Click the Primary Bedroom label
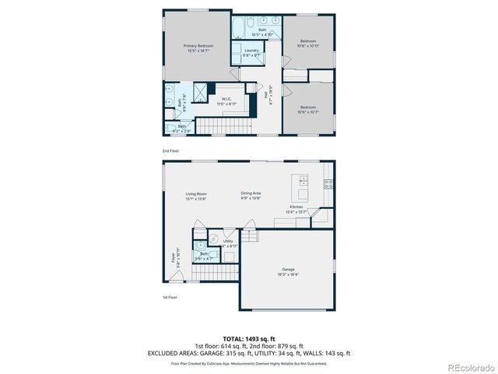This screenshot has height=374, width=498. pyautogui.click(x=198, y=47)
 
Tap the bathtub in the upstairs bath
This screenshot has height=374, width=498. pyautogui.click(x=236, y=30)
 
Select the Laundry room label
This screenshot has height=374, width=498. pyautogui.click(x=251, y=51)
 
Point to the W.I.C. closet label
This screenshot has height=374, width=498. pyautogui.click(x=228, y=99)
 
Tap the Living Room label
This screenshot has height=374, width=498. pyautogui.click(x=196, y=195)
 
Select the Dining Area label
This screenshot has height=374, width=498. pyautogui.click(x=250, y=195)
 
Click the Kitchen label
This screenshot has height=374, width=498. pyautogui.click(x=296, y=208)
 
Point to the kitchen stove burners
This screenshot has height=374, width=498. pyautogui.click(x=329, y=185)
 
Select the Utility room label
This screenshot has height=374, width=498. pyautogui.click(x=228, y=242)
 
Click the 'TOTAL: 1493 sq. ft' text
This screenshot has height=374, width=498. pyautogui.click(x=249, y=339)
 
